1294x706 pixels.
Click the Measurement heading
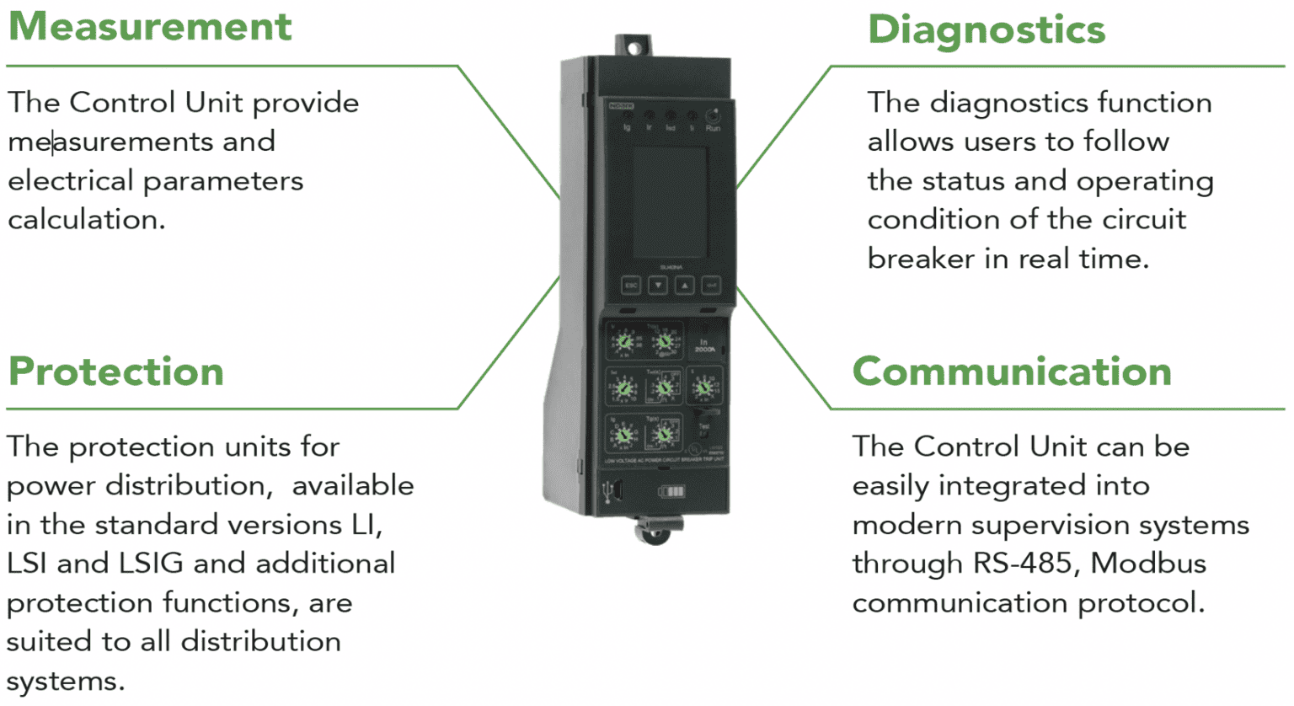click(150, 26)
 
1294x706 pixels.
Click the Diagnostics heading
click(986, 30)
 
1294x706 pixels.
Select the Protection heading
click(116, 372)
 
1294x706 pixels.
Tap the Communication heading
click(1012, 372)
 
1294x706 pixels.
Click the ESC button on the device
click(631, 286)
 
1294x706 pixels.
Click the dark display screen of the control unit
click(669, 202)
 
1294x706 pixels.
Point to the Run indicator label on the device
click(713, 128)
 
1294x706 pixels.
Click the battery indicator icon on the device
click(671, 491)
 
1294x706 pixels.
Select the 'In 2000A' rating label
click(704, 345)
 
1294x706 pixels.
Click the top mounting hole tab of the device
click(633, 46)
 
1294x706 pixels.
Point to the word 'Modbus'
click(1148, 564)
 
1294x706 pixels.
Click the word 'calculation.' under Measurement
click(87, 220)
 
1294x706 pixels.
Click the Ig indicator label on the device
click(627, 128)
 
